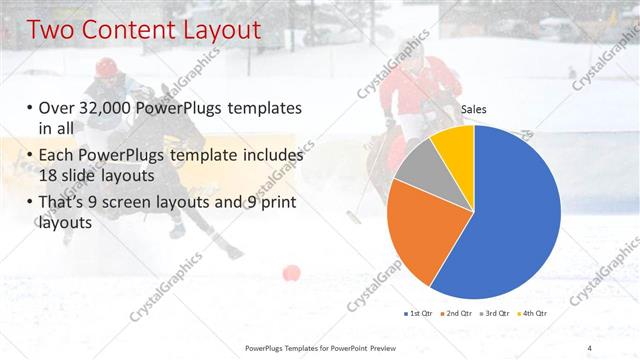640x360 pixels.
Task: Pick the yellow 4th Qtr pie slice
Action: pos(455,145)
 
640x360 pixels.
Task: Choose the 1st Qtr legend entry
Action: pos(418,314)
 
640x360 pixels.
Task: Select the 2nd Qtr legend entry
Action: pos(458,314)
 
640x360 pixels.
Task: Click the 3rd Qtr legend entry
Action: pos(498,314)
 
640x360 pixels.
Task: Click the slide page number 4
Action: pos(589,348)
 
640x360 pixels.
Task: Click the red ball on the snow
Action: pos(291,272)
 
